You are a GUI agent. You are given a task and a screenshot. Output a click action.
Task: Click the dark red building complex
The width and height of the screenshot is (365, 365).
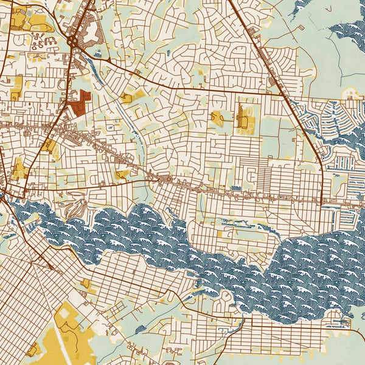(80, 103)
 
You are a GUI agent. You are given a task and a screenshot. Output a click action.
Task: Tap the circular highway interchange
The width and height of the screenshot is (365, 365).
(74, 41)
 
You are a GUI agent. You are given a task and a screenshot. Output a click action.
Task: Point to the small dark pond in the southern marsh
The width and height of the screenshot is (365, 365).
(141, 329)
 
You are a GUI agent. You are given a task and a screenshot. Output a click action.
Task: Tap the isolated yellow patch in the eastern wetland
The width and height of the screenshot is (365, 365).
(351, 93)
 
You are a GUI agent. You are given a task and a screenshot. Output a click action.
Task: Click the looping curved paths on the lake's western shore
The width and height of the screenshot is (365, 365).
(76, 210)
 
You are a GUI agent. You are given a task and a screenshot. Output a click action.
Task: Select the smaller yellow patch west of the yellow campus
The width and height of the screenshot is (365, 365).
(217, 117)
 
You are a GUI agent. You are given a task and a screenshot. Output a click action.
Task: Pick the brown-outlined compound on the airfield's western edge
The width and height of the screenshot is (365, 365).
(33, 349)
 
